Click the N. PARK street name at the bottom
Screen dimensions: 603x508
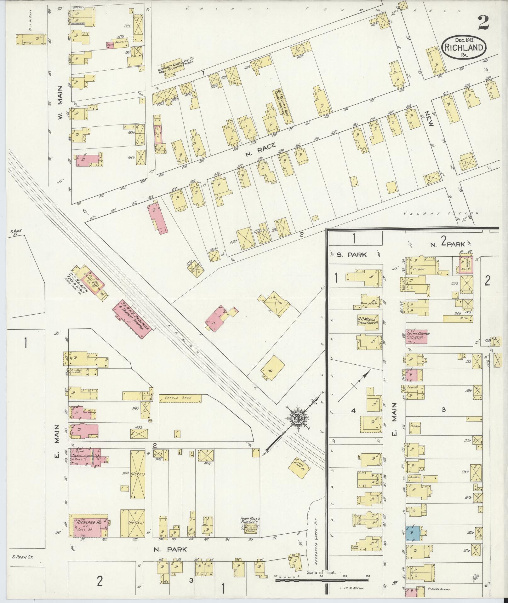170,550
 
